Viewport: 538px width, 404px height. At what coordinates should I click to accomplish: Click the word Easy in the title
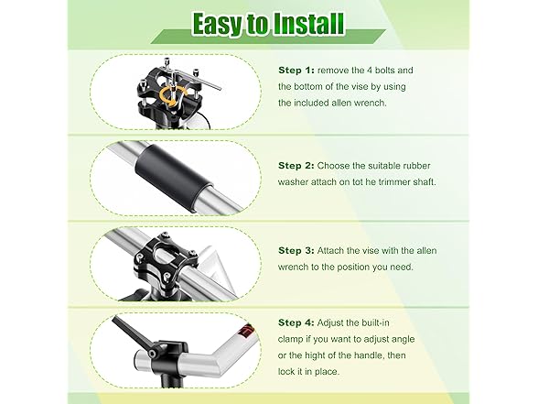(218, 25)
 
